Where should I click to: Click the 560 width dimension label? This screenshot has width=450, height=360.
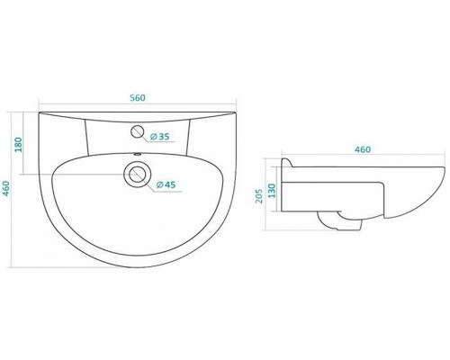point(138,98)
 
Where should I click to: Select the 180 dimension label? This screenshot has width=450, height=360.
point(19,145)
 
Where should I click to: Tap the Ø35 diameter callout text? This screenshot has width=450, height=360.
point(159,137)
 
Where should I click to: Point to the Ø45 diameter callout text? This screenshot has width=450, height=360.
point(166,185)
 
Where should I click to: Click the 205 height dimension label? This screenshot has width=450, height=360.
point(259,196)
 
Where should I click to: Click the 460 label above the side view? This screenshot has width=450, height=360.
point(363,149)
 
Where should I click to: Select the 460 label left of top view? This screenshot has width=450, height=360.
point(6,189)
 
